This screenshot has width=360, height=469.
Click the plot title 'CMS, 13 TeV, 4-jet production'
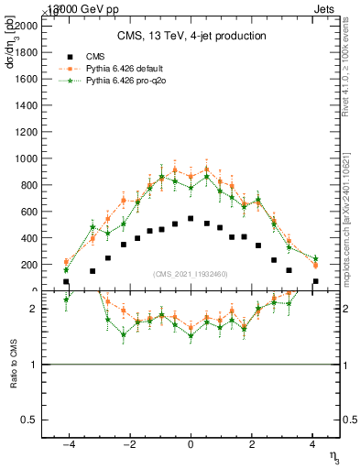(191, 37)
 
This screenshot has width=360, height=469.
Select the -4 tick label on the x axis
(66, 446)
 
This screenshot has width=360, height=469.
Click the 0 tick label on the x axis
(191, 446)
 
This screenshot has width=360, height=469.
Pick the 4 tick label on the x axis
(313, 446)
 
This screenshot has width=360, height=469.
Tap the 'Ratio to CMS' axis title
(14, 365)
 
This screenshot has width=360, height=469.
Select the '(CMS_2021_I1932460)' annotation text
(190, 274)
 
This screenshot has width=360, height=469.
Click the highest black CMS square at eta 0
(191, 219)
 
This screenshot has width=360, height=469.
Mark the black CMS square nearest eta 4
(315, 282)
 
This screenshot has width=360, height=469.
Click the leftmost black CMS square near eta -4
(66, 282)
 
